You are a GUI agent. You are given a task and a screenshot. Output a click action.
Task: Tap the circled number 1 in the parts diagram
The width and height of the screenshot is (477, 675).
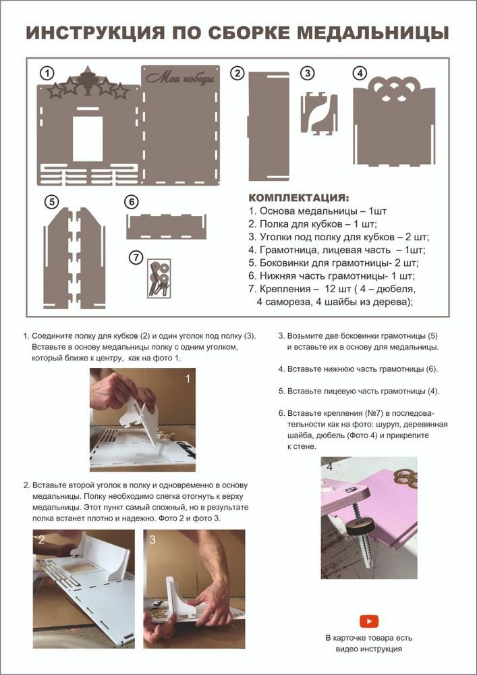47,73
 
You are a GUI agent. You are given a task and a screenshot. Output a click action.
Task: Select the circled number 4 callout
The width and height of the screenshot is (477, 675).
360,73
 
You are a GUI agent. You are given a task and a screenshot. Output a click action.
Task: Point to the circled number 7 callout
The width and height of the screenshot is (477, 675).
136,257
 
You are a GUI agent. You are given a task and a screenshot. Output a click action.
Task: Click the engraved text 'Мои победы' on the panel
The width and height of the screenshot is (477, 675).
179,79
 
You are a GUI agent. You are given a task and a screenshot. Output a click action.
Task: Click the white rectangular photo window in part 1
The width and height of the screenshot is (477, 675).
88,138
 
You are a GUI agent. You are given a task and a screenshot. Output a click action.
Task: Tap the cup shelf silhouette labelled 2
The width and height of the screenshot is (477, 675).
269,126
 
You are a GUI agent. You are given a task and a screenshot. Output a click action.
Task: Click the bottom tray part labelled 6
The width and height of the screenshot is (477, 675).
166,226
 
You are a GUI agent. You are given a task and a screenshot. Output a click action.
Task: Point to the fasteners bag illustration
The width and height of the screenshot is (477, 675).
159,278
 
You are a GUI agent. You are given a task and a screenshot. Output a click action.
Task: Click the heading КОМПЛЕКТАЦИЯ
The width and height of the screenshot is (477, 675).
299,198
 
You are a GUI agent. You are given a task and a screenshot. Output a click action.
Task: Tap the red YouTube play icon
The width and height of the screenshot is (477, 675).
370,621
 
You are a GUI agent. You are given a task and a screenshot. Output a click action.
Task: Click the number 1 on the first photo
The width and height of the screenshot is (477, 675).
187,379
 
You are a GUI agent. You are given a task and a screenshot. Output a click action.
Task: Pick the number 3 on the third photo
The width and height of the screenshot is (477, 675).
152,540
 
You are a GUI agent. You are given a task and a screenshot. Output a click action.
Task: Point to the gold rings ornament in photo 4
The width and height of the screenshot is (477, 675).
405,477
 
